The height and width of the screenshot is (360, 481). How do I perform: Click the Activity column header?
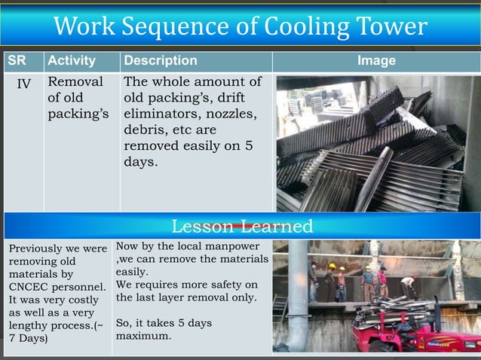71,60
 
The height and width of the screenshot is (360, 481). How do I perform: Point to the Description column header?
160,60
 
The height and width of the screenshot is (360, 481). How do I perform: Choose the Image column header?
375,60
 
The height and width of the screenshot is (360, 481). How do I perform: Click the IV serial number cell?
23,83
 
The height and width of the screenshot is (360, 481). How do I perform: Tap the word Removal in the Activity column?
75,82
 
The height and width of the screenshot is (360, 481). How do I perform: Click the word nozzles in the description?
234,114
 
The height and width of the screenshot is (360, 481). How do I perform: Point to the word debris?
144,130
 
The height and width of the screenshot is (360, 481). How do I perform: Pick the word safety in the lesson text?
225,285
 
